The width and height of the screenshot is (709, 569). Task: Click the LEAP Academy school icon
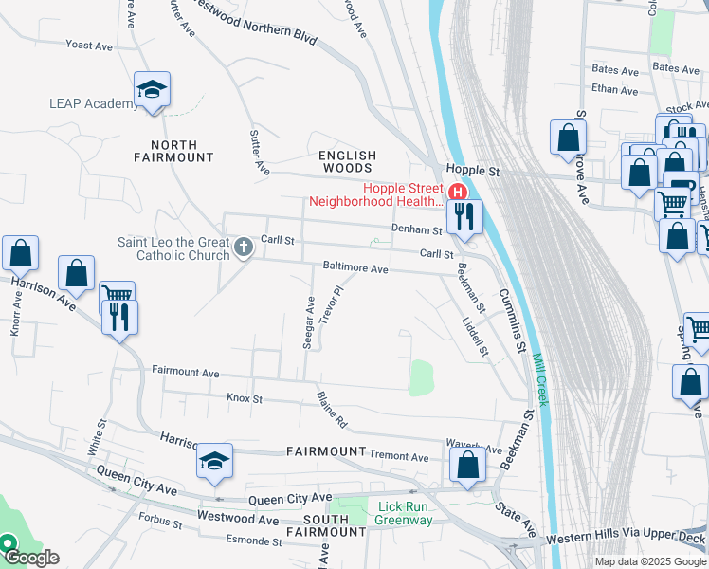coord(152,89)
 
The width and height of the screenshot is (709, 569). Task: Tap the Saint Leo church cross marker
coord(244,248)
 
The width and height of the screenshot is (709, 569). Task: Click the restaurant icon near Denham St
coord(464,217)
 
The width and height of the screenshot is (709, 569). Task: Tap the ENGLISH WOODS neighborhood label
coord(347,161)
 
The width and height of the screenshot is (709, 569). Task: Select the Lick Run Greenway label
coord(404,513)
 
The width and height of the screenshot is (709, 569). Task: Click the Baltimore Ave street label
coord(355,268)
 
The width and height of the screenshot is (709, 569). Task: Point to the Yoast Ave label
coord(89,45)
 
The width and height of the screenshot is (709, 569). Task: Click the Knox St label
coord(245,399)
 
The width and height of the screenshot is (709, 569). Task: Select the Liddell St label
coord(475,336)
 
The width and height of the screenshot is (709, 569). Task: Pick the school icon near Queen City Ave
coord(215,461)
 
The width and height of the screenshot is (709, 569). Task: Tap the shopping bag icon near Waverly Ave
coord(467,465)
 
